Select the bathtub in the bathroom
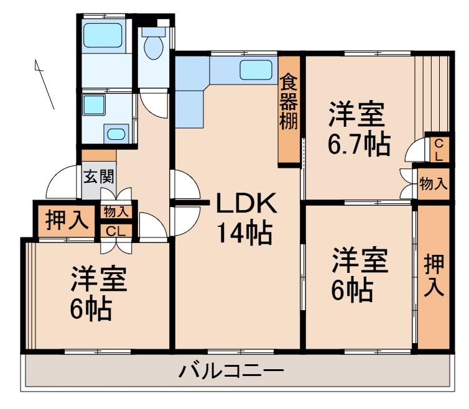click(x=103, y=35)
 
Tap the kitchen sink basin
click(x=256, y=70)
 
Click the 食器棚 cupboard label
click(x=289, y=102)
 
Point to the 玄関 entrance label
click(x=99, y=177)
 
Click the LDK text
click(x=246, y=203)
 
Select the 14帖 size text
click(x=244, y=232)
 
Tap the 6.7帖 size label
click(x=359, y=144)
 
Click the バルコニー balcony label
click(x=231, y=370)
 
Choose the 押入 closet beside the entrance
click(x=67, y=221)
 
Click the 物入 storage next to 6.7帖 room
click(x=434, y=183)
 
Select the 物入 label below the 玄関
click(x=116, y=212)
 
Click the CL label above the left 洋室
click(x=116, y=231)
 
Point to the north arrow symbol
click(x=45, y=85)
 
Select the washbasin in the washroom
click(x=116, y=134)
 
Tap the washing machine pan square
click(x=94, y=105)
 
